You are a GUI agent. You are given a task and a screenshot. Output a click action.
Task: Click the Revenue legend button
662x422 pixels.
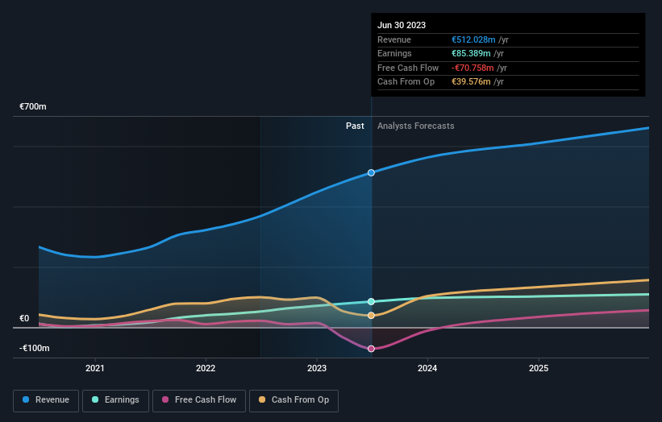(47, 399)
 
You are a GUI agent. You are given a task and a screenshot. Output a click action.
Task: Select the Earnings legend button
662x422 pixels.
(116, 399)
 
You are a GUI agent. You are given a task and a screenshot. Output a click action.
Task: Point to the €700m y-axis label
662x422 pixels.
(34, 107)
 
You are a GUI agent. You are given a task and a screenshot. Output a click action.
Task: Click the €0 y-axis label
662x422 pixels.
(24, 318)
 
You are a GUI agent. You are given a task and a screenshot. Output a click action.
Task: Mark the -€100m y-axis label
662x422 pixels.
(35, 348)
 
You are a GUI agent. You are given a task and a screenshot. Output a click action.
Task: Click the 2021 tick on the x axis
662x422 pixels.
(95, 368)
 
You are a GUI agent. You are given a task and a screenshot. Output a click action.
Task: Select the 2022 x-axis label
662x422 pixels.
(206, 368)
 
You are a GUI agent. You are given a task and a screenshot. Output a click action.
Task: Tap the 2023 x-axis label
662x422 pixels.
(317, 368)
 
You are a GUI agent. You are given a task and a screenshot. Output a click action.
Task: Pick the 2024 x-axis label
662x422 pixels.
(427, 368)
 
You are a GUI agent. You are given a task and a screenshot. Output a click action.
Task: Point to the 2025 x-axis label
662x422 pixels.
(539, 368)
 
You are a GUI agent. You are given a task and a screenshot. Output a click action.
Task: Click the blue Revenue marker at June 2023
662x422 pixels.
(371, 173)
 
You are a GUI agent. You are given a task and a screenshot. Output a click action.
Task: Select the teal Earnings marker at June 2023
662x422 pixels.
(371, 302)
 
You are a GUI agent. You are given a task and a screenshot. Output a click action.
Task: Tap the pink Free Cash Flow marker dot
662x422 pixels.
(371, 349)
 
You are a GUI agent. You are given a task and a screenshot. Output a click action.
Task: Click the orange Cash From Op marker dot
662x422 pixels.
(371, 316)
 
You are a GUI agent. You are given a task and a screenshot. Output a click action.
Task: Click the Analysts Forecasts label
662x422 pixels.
(415, 126)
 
